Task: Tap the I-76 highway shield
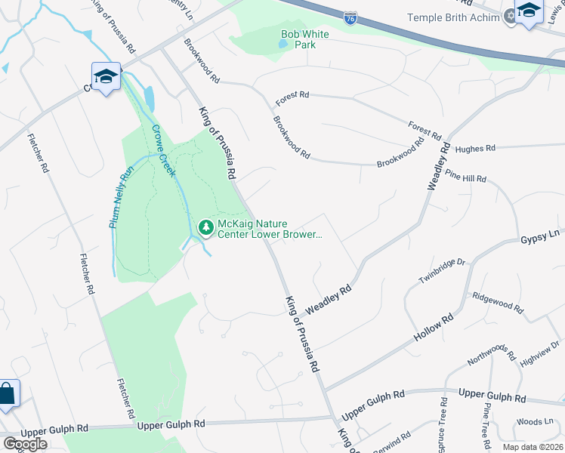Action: pos(350,17)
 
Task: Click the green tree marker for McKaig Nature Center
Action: pos(205,227)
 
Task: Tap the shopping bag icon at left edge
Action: pos(6,393)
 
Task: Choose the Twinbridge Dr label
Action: pos(443,271)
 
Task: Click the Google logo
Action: pos(25,444)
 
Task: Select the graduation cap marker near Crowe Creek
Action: pos(107,77)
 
